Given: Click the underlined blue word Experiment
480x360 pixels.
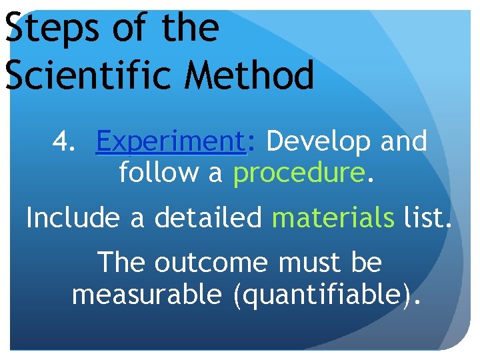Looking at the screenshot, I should click(171, 141).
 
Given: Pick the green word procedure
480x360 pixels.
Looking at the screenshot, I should click(297, 173).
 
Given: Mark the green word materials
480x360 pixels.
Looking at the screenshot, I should click(333, 218).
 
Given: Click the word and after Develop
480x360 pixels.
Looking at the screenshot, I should click(403, 141).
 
